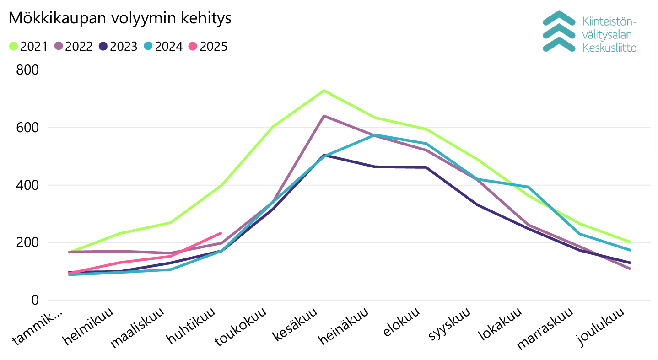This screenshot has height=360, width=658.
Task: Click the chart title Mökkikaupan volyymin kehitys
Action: (120, 18)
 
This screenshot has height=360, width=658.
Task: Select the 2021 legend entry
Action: (28, 46)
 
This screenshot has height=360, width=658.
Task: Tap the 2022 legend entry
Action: (74, 46)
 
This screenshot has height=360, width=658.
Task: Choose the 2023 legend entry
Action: (119, 46)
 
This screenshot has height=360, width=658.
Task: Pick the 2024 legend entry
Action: (163, 46)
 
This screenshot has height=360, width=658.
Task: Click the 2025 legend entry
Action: (208, 46)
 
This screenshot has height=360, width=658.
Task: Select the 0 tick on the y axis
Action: (34, 301)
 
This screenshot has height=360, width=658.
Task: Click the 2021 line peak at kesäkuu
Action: (324, 91)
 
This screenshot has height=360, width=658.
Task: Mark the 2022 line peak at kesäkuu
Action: (324, 116)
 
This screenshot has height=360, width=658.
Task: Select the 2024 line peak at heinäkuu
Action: (375, 135)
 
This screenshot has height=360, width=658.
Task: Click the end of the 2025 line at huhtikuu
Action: (221, 233)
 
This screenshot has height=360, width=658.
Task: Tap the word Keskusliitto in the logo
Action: (609, 48)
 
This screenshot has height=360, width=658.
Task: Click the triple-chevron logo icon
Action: (558, 31)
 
